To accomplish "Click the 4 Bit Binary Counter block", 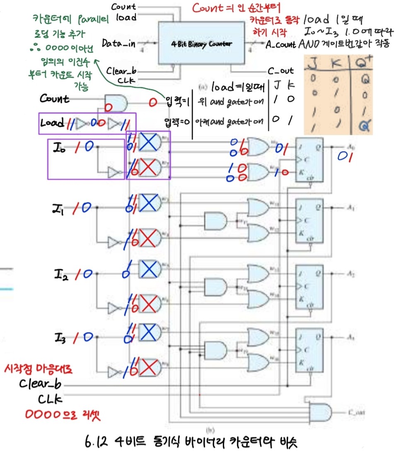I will (x=202, y=43).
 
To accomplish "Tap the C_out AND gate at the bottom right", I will (x=322, y=412).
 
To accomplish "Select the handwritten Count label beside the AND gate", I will (x=55, y=99).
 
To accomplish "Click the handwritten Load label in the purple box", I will (x=52, y=123).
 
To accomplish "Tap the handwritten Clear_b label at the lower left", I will (x=40, y=383).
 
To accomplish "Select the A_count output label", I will (x=281, y=45).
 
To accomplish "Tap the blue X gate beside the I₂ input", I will (x=149, y=270).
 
